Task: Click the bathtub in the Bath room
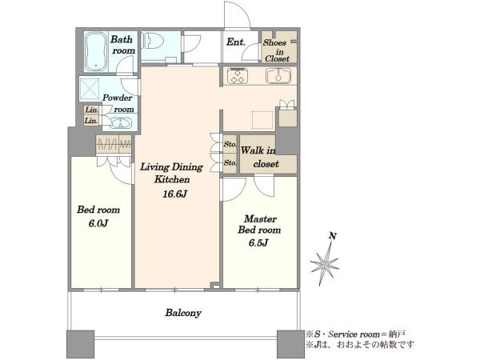96,51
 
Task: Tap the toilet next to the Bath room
153,41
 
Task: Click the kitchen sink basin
278,76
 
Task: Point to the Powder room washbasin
122,123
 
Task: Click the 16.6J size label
174,194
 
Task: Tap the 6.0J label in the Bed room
98,223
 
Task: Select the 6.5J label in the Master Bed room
258,242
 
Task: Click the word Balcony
183,313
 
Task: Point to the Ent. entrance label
236,42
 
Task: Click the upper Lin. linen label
91,110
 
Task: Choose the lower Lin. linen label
91,121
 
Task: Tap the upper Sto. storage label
230,144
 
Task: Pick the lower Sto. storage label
230,163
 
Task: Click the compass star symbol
325,263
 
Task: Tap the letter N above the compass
333,236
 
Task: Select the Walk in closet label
260,157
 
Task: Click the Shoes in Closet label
277,50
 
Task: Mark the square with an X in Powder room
90,89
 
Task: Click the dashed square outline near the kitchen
262,120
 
